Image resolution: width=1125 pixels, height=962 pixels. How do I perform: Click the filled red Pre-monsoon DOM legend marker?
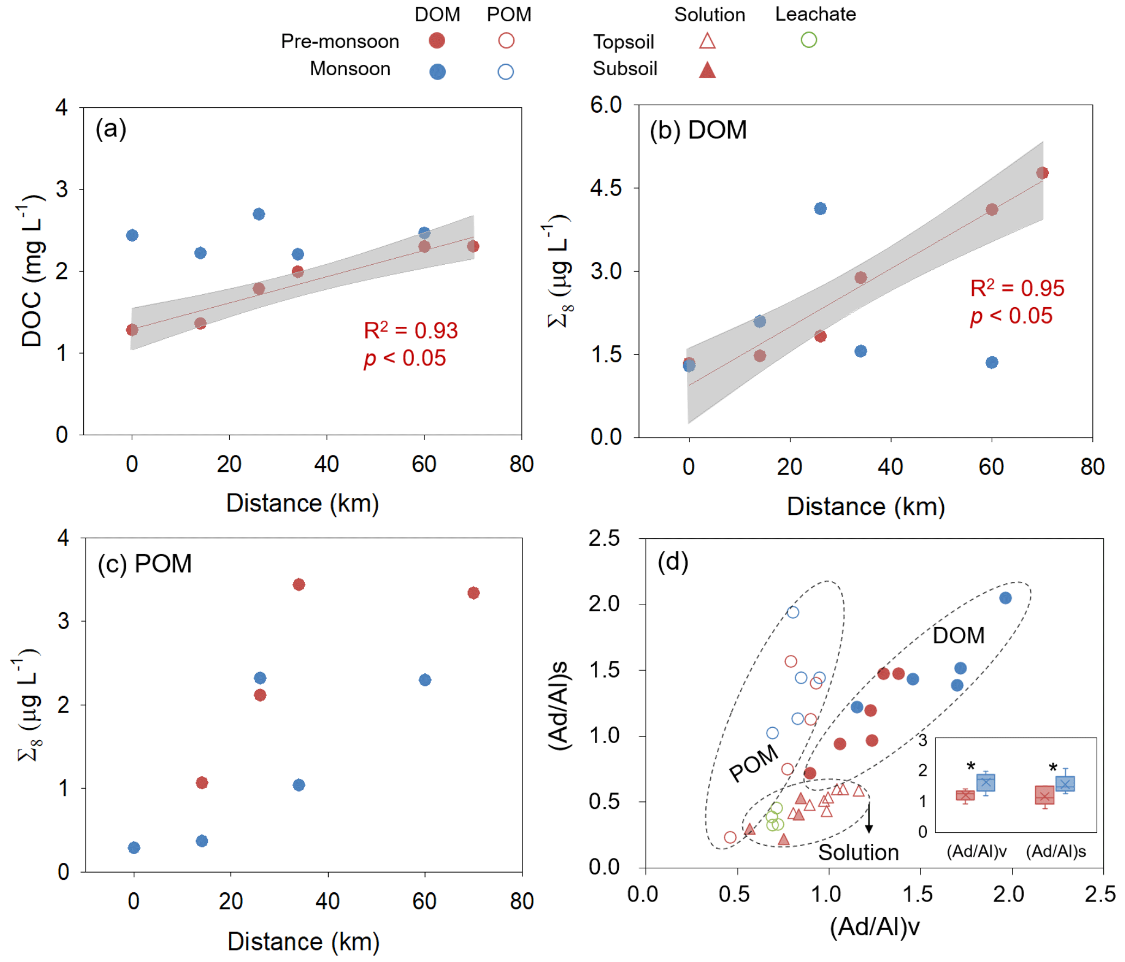pyautogui.click(x=437, y=40)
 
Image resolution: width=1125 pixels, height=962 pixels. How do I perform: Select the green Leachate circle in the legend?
pyautogui.click(x=808, y=40)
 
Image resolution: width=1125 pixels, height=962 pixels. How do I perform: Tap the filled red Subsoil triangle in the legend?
pyautogui.click(x=706, y=70)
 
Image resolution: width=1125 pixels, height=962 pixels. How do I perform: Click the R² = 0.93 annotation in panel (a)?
pyautogui.click(x=410, y=331)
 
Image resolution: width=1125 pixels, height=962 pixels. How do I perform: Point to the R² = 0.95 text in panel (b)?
pyautogui.click(x=1016, y=289)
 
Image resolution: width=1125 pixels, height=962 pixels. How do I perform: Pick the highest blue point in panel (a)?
pyautogui.click(x=259, y=214)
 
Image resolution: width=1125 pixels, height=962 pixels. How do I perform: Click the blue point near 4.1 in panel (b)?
pyautogui.click(x=820, y=209)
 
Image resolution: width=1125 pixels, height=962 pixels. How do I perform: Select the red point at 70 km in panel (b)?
pyautogui.click(x=1042, y=173)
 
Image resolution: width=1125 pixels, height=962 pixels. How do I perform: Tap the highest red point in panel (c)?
pyautogui.click(x=298, y=584)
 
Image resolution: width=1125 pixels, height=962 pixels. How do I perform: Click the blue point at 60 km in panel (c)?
pyautogui.click(x=425, y=680)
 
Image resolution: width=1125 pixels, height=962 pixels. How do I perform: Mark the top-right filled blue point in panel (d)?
pyautogui.click(x=1005, y=598)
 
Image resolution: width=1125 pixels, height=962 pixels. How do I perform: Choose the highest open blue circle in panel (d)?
pyautogui.click(x=792, y=612)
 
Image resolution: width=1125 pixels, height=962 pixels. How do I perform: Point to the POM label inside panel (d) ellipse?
pyautogui.click(x=753, y=763)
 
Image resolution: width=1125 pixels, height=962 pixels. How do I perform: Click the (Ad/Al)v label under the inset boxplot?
pyautogui.click(x=976, y=851)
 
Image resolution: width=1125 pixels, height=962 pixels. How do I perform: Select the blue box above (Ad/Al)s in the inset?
pyautogui.click(x=1065, y=784)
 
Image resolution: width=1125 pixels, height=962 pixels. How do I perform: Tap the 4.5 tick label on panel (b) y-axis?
pyautogui.click(x=605, y=188)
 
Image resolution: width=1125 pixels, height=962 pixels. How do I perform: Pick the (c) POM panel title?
pyautogui.click(x=144, y=564)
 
